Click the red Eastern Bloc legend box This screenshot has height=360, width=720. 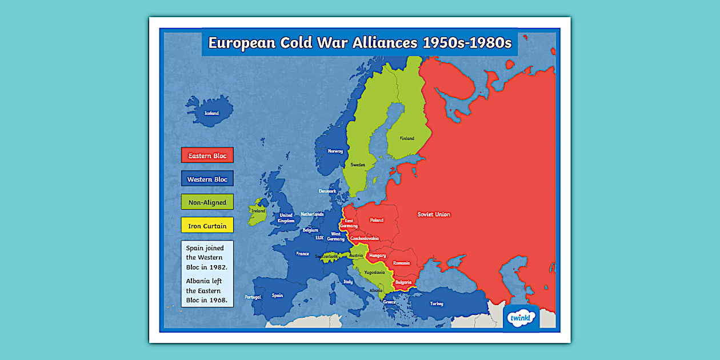207,155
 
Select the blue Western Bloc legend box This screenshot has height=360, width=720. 207,179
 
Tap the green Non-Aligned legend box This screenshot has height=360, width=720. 207,202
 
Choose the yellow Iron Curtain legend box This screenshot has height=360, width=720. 207,226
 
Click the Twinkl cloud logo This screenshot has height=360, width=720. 521,318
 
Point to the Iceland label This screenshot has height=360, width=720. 211,113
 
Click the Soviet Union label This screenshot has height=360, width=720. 434,214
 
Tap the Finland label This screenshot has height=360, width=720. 407,138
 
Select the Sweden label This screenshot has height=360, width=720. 358,165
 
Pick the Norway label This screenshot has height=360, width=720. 335,151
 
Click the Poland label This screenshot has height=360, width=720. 377,219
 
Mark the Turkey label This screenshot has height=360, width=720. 437,303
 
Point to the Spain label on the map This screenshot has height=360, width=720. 277,295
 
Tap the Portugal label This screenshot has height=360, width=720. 253,297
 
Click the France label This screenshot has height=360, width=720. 302,254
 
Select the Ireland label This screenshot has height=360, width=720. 258,211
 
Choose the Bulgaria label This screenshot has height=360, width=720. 403,282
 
